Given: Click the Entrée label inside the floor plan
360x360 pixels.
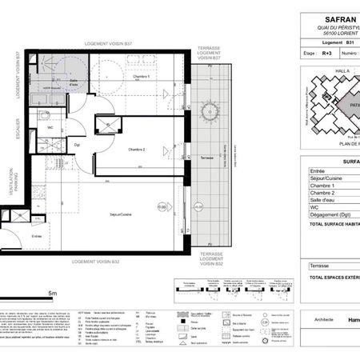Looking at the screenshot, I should click(36, 237).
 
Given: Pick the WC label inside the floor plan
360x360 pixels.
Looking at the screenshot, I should click(50, 127).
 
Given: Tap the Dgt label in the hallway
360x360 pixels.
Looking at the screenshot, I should click(78, 145).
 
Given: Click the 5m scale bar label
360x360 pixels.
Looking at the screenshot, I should click(50, 294).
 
